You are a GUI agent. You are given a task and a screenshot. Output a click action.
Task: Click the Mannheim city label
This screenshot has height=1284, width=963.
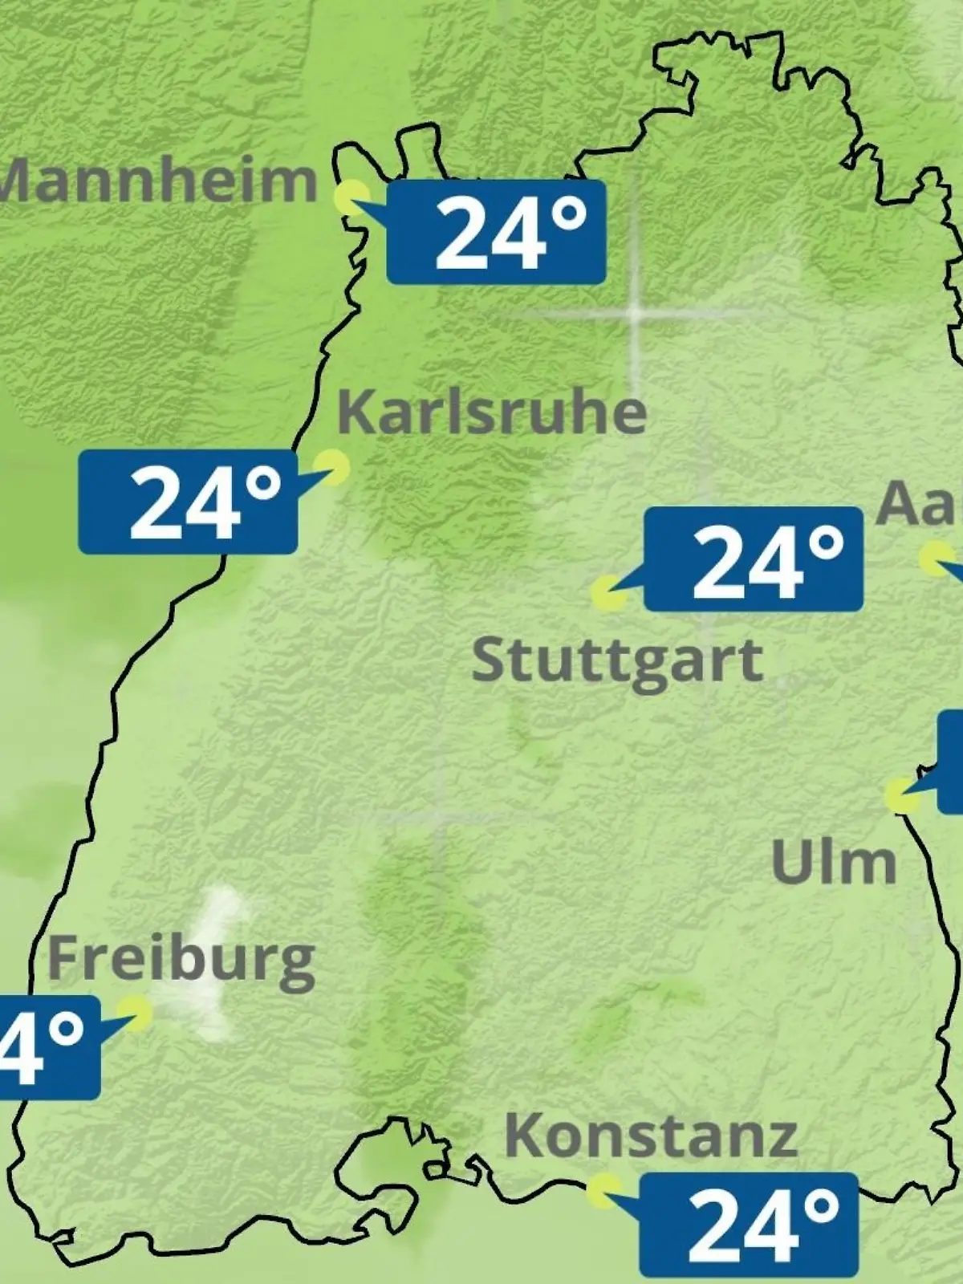tap(157, 181)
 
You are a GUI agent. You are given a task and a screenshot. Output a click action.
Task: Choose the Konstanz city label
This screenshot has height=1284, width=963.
tap(651, 1136)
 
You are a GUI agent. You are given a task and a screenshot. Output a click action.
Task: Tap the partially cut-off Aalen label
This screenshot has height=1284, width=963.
tap(920, 505)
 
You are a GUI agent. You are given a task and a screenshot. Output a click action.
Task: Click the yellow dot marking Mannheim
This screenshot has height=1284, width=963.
tap(351, 197)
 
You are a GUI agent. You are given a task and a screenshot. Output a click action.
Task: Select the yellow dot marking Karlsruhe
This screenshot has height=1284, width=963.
tap(331, 466)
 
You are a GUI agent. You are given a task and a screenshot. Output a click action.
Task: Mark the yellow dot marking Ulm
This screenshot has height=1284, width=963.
tap(902, 794)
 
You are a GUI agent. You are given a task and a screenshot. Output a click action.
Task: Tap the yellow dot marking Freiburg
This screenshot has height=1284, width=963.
tap(134, 1013)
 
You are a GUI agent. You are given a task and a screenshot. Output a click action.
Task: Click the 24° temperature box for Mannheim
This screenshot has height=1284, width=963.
tap(496, 232)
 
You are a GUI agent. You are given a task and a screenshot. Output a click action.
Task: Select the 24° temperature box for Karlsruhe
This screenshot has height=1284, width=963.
tap(188, 502)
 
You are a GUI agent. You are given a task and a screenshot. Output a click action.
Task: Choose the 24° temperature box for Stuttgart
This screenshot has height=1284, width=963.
tap(754, 559)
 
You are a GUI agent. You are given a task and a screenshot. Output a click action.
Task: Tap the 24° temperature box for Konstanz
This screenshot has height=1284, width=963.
tap(749, 1224)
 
